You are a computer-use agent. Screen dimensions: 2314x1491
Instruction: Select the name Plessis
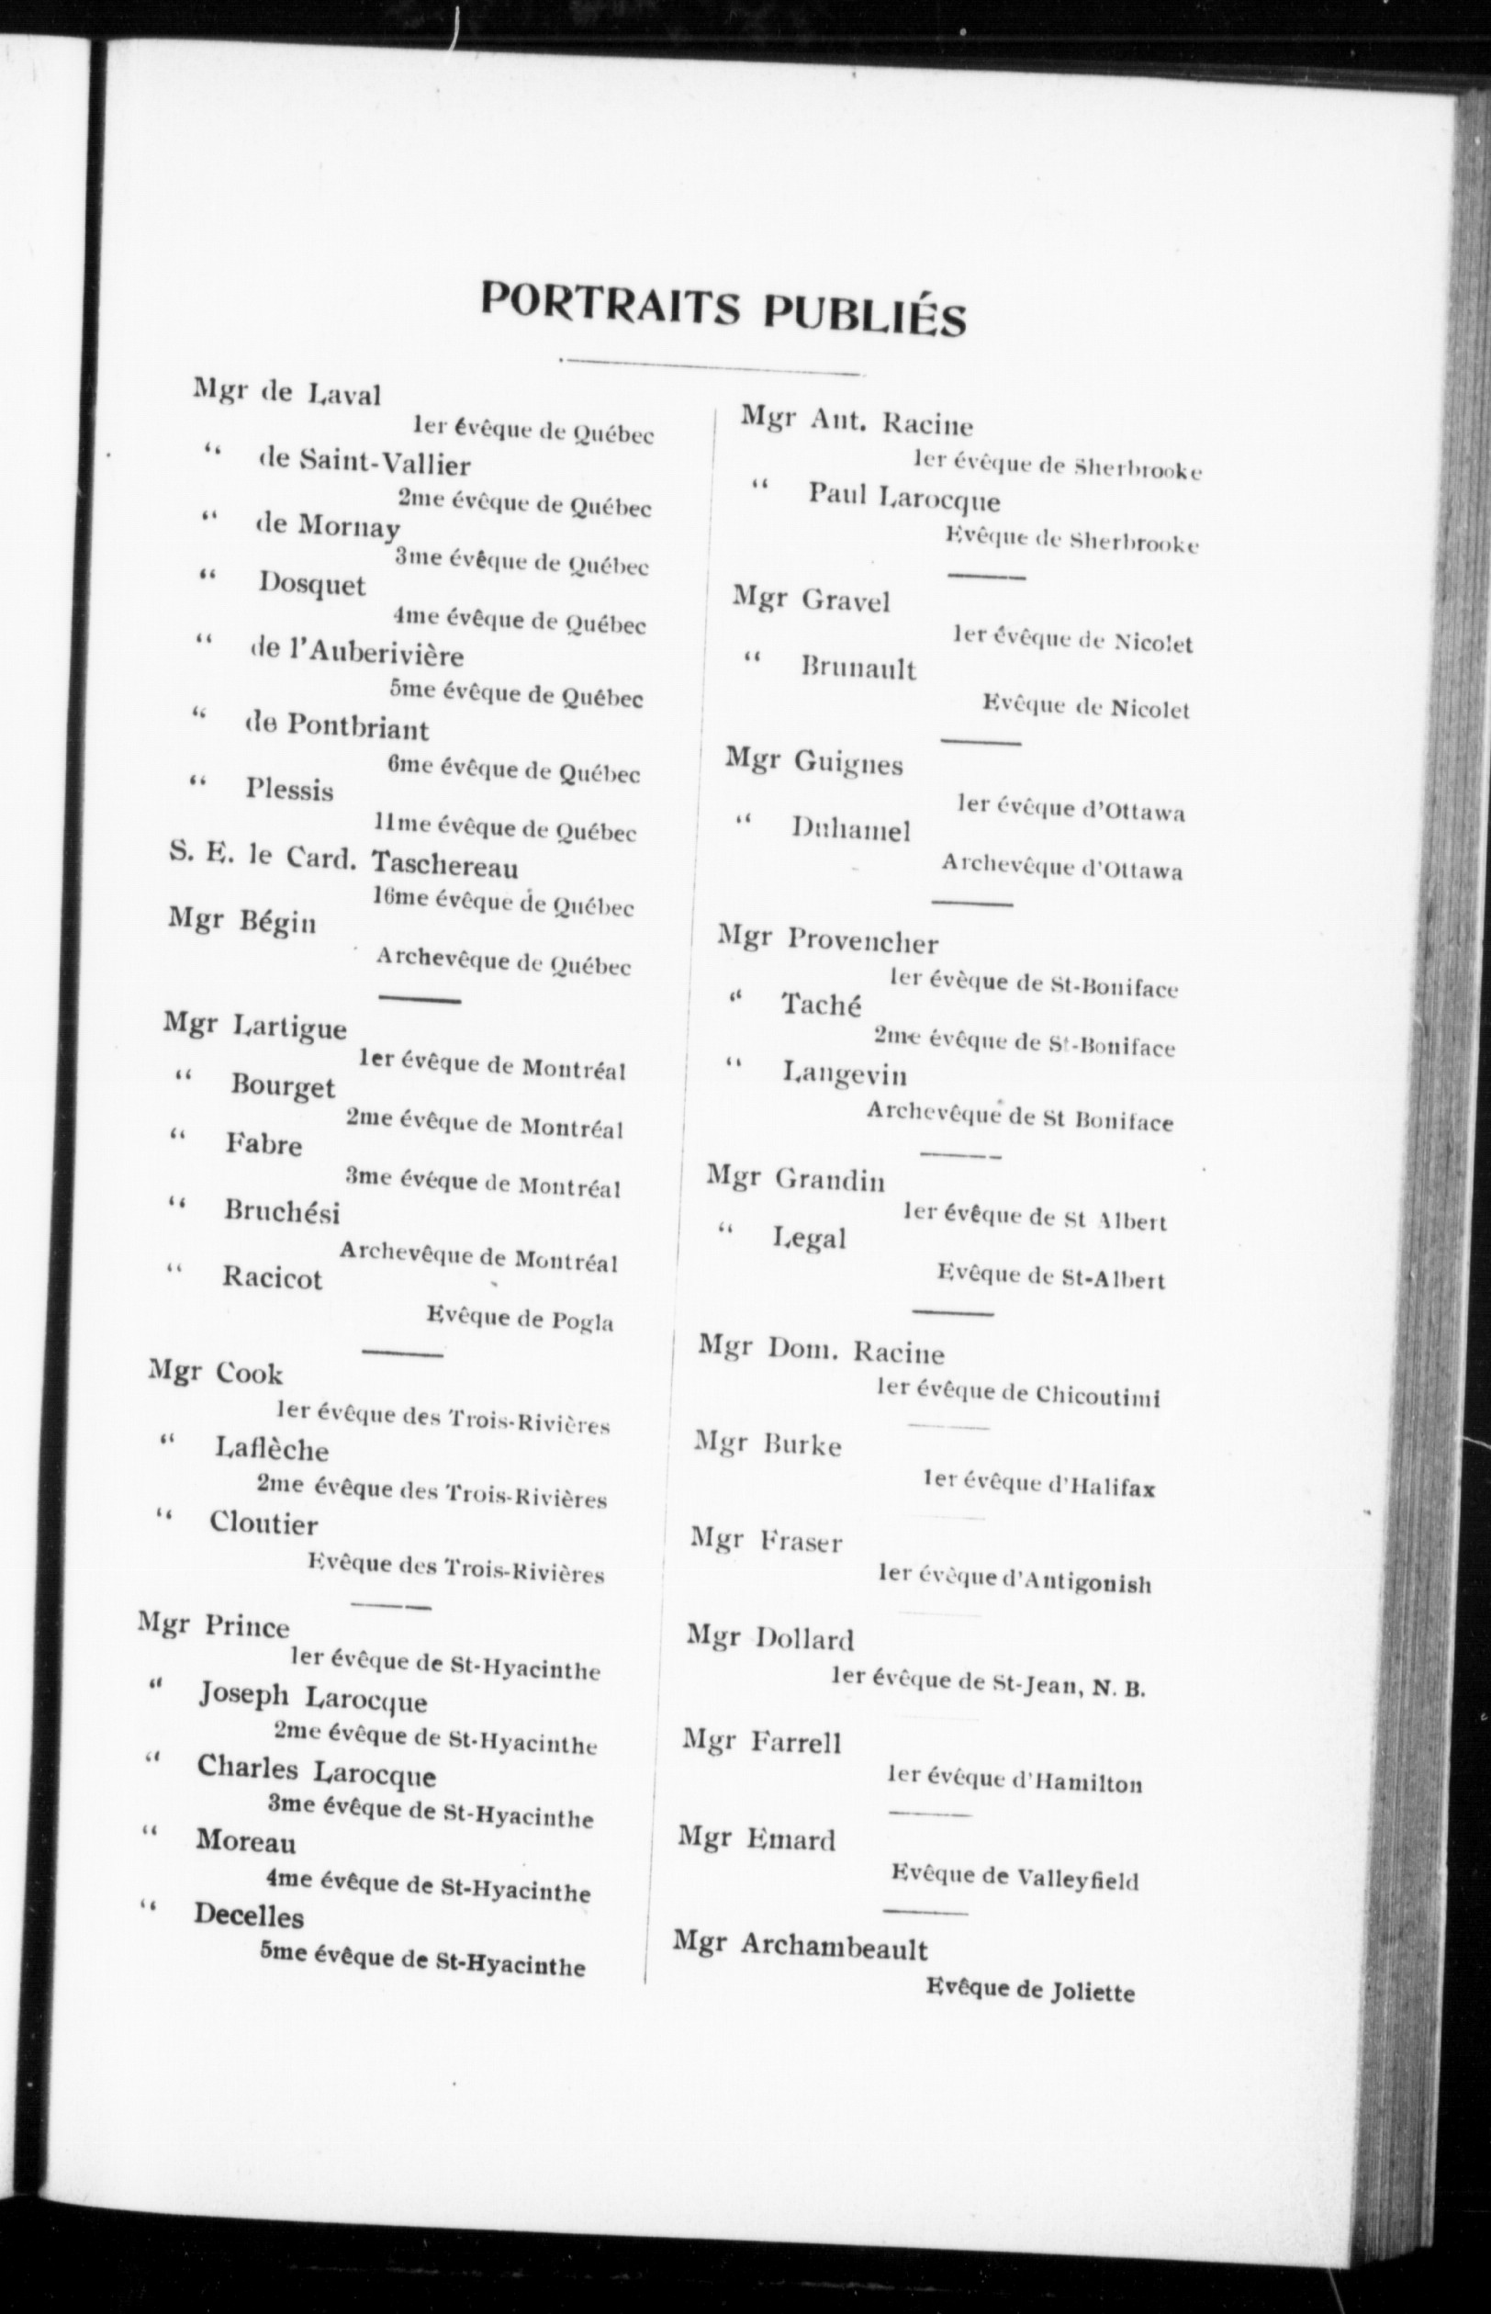click(288, 790)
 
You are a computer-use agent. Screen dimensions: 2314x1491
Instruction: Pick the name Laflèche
click(271, 1449)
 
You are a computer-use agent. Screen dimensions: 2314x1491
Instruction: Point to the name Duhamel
click(850, 829)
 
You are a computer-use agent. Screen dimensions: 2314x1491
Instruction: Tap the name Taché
click(821, 1006)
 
